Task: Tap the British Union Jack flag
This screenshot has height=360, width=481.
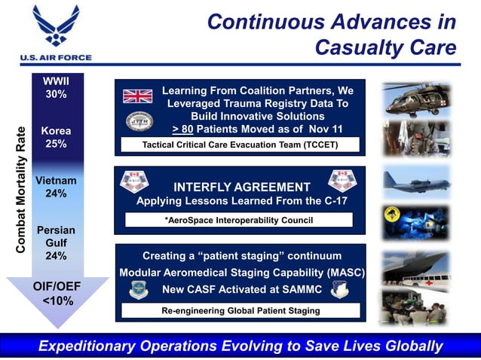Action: pos(138,96)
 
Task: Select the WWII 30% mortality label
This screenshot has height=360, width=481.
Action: pos(56,87)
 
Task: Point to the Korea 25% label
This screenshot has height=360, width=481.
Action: pos(56,136)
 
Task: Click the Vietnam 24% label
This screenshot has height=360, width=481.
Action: pos(56,187)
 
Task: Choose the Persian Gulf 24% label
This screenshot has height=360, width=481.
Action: pos(56,243)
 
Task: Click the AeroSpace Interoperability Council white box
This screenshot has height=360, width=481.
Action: pos(238,220)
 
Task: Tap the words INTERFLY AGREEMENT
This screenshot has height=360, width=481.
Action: pos(242,187)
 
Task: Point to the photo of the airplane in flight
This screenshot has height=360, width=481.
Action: pos(415,182)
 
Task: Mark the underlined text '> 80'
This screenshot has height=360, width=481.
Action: pos(185,129)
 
